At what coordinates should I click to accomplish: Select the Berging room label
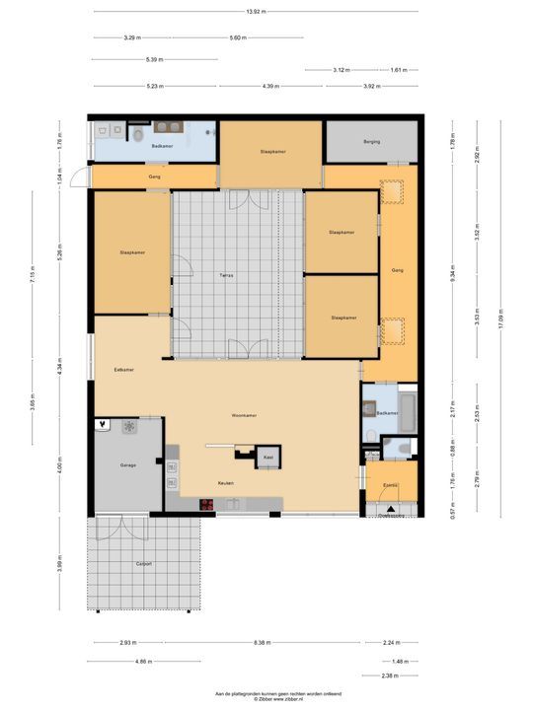(371, 142)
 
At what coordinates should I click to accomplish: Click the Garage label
(128, 464)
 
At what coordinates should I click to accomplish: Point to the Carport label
(144, 564)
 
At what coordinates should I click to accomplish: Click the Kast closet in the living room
(267, 458)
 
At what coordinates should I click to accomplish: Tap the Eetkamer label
(124, 369)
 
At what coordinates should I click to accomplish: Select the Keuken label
(226, 483)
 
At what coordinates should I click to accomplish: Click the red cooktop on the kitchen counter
(207, 505)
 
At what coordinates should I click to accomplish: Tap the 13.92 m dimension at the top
(255, 12)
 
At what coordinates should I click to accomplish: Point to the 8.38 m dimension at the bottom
(262, 642)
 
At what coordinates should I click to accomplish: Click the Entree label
(391, 486)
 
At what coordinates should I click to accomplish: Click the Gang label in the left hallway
(154, 177)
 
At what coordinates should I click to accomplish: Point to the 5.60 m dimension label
(237, 37)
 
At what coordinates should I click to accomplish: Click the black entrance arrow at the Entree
(392, 509)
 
